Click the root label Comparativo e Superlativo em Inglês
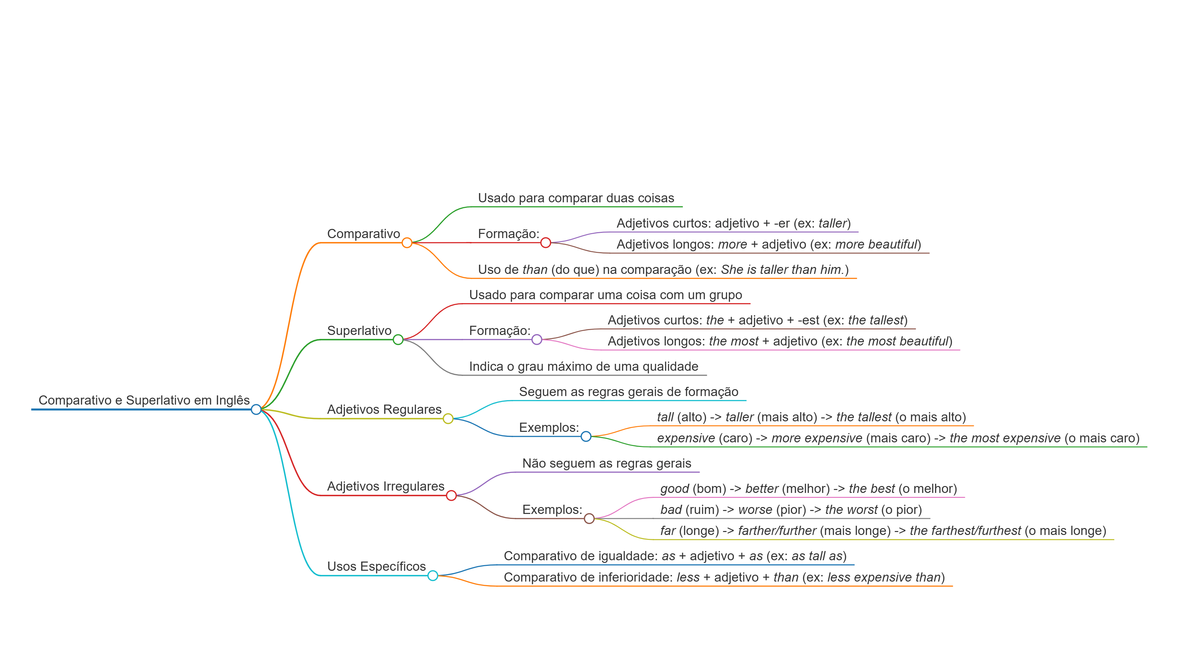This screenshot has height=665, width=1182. [144, 400]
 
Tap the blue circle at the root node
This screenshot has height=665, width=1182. [256, 410]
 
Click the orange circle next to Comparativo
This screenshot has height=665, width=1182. [406, 243]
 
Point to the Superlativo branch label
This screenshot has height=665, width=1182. [359, 330]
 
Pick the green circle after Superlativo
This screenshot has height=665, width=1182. [398, 340]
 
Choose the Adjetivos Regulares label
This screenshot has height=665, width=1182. [384, 410]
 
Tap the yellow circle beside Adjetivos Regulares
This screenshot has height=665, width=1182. [448, 419]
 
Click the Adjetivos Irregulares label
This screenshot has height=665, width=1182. [385, 486]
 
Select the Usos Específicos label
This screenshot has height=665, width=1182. [376, 566]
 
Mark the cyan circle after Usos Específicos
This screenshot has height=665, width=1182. [433, 575]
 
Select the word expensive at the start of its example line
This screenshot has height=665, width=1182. [686, 438]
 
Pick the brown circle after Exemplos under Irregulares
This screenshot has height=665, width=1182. [589, 519]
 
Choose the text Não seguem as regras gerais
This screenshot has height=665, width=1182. [607, 463]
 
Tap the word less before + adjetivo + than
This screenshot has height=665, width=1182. [688, 577]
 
